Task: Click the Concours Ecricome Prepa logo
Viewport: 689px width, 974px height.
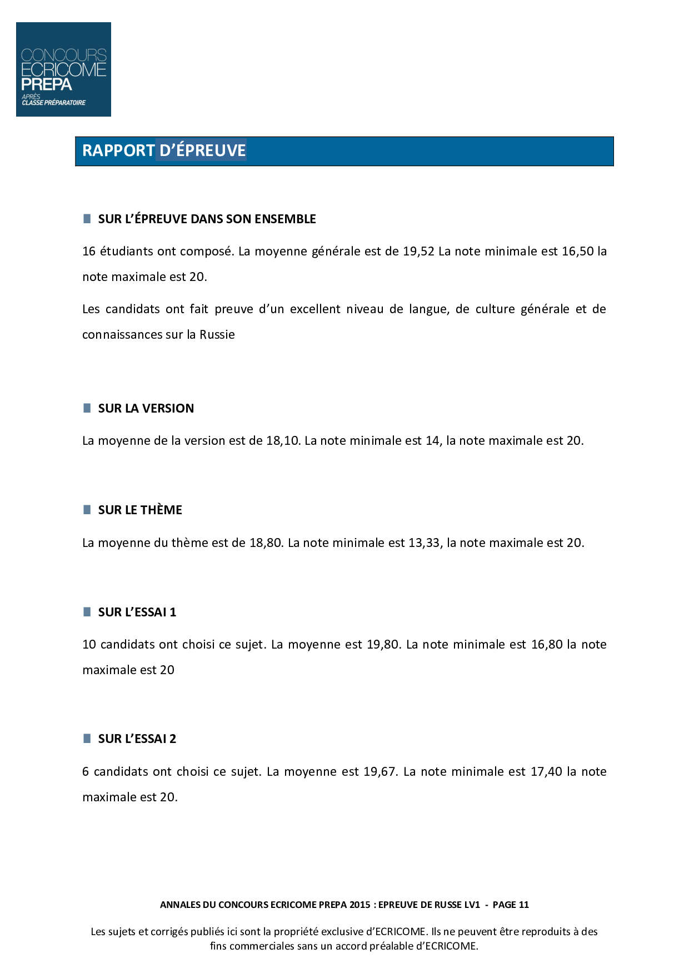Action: coord(63,69)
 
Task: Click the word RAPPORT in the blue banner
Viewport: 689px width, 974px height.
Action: coord(118,150)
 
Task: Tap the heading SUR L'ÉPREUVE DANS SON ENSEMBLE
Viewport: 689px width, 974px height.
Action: coord(207,219)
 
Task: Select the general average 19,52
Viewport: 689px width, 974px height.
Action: coord(418,251)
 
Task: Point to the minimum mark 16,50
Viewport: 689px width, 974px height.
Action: coord(578,251)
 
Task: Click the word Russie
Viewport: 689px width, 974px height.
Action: coord(217,334)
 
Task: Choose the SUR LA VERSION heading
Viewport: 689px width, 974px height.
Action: coord(146,408)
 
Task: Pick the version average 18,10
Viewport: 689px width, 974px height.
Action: coord(283,440)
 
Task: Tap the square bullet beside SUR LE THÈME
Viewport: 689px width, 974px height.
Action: coord(87,510)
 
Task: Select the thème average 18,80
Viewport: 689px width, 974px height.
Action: coord(266,543)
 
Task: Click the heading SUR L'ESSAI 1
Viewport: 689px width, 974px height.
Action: coord(137,612)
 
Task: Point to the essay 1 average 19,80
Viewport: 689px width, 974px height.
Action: coord(383,644)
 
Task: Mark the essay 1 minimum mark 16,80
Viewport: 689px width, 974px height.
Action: coord(547,644)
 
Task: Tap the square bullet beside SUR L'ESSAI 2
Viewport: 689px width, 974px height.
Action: coord(87,739)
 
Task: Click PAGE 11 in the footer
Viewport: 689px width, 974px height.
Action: coord(511,905)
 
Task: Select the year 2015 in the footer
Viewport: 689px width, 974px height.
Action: coord(360,905)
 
